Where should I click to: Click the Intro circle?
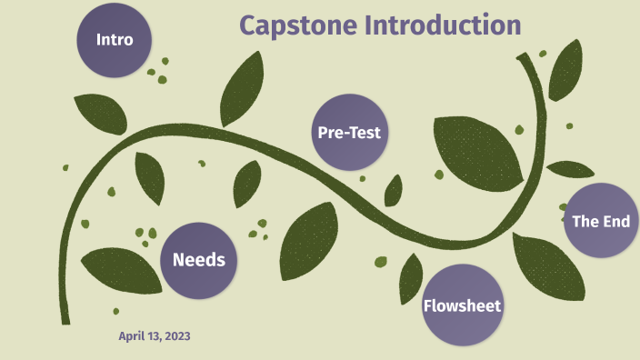point(115,40)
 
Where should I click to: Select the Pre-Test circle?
point(348,133)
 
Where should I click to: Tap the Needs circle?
point(198,261)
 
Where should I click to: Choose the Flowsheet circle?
point(462,305)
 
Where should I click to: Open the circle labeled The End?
point(600,221)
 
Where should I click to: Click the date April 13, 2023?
point(155,336)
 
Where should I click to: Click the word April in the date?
point(132,336)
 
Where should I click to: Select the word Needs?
point(198,261)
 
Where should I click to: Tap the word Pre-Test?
point(348,133)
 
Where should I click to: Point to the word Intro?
point(115,40)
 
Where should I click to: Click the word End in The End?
point(615,221)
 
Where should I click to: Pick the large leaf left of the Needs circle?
point(118,269)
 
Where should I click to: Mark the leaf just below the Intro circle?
point(101,112)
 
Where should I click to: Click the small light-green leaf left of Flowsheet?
point(381,262)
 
